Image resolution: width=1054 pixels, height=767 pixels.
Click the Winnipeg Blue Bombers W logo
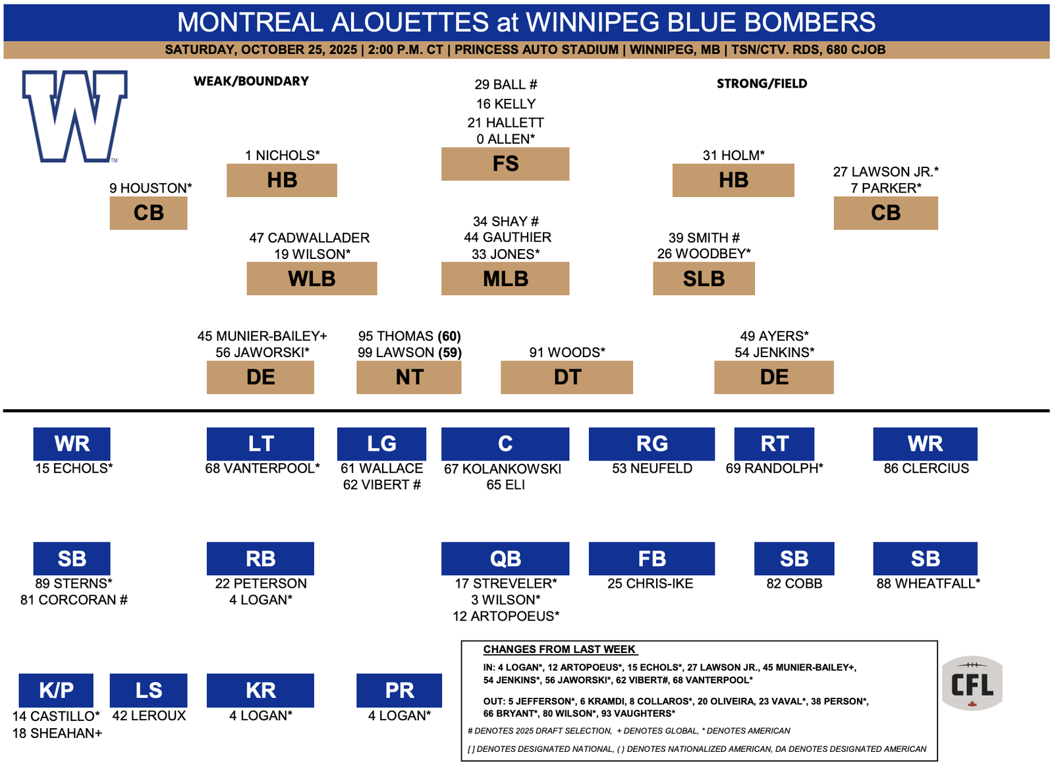coord(74,116)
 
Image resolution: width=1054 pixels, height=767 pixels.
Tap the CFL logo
coord(973,684)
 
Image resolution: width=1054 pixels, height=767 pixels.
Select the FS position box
coord(506,164)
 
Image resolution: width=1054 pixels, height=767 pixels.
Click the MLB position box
coord(506,279)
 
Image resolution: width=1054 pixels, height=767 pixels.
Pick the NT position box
coord(409,378)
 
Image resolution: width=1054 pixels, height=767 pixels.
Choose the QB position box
coord(506,559)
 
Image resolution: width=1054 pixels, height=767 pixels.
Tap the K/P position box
coord(56,691)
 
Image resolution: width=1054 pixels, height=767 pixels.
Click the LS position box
coord(149,691)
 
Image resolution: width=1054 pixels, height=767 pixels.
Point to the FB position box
coord(652,559)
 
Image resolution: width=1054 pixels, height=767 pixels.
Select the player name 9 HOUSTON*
coord(151,188)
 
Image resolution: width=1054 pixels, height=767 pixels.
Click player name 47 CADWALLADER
coord(310,238)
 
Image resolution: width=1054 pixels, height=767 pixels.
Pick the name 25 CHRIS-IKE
coord(651,584)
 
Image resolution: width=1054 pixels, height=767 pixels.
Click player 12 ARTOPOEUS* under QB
coord(507,617)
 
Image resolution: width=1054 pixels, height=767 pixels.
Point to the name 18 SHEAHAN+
coord(57,734)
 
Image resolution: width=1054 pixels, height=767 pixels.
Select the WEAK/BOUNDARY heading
coord(251,82)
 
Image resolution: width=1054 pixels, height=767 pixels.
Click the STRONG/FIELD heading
coord(762,84)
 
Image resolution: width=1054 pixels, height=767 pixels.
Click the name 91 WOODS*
coord(567,353)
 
